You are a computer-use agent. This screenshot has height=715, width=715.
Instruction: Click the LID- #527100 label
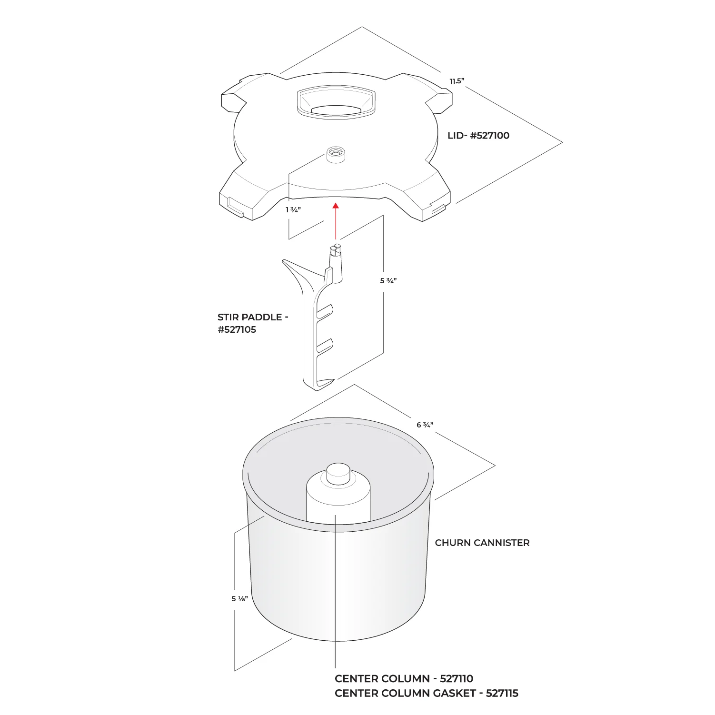478,136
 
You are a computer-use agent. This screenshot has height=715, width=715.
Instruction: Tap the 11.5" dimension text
457,81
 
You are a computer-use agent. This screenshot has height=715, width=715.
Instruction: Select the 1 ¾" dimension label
293,210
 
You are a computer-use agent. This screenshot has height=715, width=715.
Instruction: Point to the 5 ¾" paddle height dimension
388,281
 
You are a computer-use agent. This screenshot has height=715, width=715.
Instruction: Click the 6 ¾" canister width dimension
425,425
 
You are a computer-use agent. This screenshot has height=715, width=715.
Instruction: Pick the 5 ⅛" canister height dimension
239,599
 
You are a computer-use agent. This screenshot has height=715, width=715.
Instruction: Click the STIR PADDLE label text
253,318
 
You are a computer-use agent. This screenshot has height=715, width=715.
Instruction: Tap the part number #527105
237,330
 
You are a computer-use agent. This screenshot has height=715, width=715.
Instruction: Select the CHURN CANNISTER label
482,543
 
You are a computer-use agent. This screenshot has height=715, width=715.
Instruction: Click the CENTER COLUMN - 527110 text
404,679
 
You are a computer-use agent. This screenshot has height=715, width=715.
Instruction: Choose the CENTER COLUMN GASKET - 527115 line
427,694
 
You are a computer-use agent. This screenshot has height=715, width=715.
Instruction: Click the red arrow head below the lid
336,206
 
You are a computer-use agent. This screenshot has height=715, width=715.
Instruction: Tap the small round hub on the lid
336,155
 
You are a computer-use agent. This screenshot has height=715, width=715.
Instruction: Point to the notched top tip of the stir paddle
336,248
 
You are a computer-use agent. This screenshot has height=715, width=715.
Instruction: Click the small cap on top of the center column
338,474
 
